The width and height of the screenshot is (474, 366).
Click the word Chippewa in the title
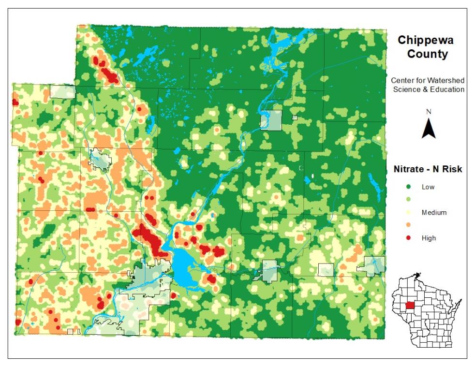point(425,41)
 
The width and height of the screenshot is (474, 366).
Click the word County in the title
point(427,54)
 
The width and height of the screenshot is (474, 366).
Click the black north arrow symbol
point(429,129)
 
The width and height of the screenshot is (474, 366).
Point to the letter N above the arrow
point(429,112)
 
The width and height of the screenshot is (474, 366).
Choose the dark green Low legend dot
point(409,187)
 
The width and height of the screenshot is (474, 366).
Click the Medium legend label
point(433,212)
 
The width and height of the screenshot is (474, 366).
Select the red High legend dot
point(409,238)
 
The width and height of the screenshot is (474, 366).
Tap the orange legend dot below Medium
point(409,225)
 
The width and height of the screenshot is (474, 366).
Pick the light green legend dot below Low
point(409,200)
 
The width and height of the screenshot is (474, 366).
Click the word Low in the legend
point(428,187)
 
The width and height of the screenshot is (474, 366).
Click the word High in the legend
point(428,238)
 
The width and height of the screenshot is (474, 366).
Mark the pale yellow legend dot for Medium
point(409,212)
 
